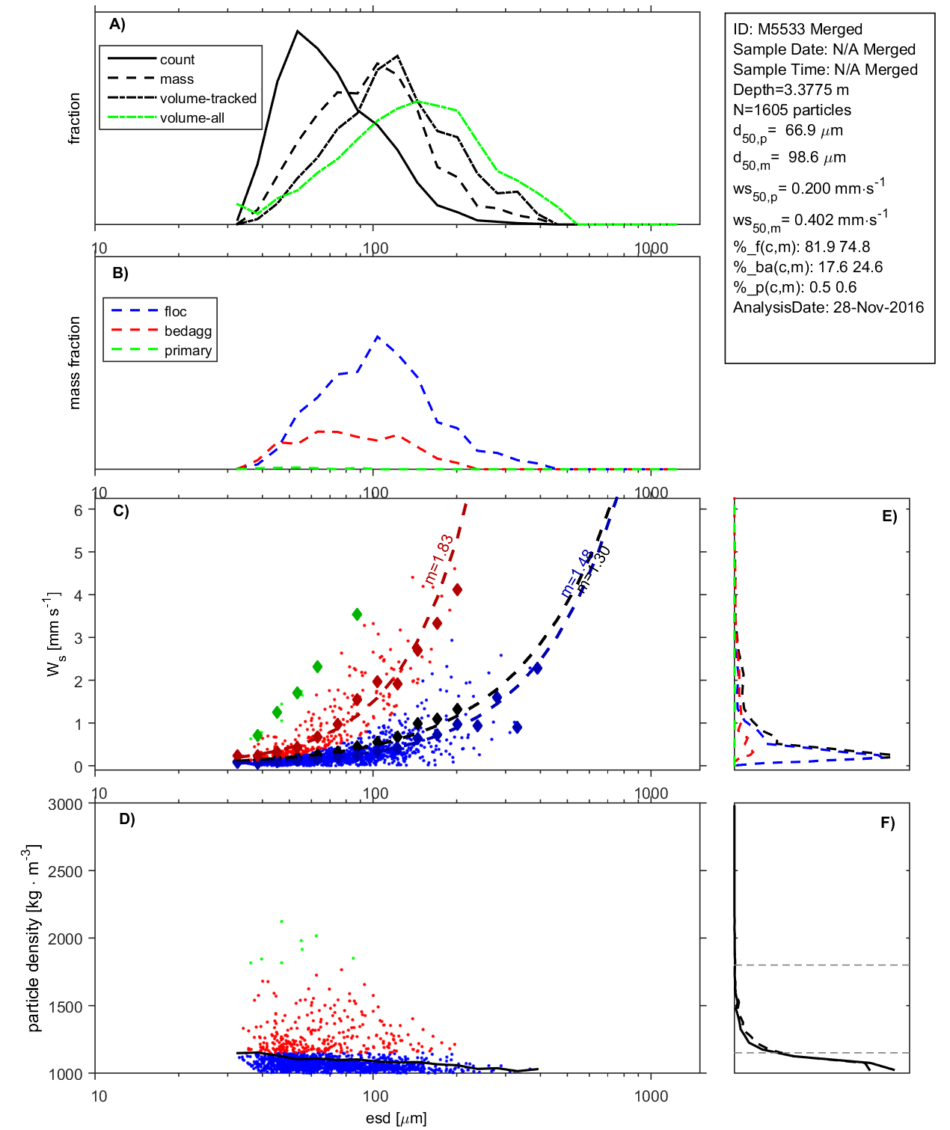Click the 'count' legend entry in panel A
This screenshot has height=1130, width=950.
point(177,60)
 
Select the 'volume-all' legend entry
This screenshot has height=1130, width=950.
point(191,118)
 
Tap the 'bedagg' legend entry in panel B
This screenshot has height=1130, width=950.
point(188,331)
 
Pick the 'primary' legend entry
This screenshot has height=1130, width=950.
point(188,351)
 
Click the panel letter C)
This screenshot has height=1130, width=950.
point(120,512)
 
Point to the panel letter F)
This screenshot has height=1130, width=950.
point(887,823)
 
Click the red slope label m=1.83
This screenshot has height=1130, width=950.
point(438,559)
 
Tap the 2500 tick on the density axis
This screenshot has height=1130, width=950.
point(65,871)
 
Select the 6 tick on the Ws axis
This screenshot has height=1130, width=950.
point(78,510)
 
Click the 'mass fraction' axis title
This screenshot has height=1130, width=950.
point(74,363)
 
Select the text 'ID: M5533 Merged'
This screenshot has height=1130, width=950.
point(797,29)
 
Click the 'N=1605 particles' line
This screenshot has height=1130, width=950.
point(791,110)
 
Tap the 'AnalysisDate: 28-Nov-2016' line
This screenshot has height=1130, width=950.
point(828,307)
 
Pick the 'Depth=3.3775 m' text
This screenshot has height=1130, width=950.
point(791,90)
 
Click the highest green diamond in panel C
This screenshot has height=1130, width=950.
point(357,614)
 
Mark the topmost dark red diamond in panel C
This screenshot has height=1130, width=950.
point(457,590)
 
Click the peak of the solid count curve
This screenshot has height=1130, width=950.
point(298,31)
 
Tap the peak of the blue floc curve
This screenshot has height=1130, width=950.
point(378,337)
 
